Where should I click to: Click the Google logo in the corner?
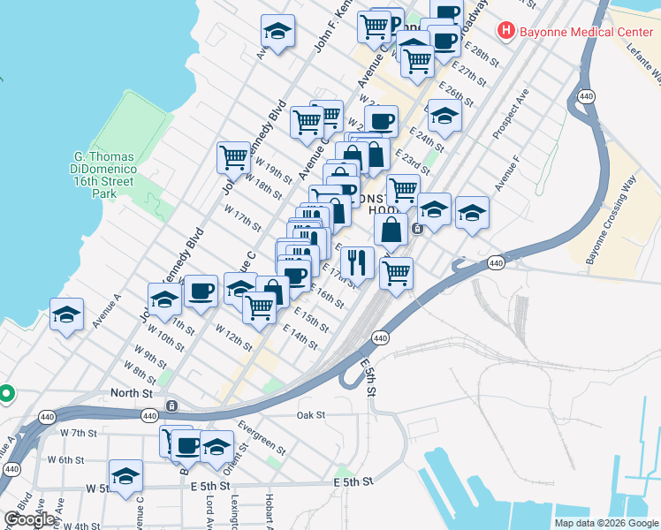point(29,519)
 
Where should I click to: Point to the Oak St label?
point(311,414)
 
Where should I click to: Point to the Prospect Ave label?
point(512,112)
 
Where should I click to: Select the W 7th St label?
point(78,433)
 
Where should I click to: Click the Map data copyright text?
point(605,523)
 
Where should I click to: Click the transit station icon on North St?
point(171,405)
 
